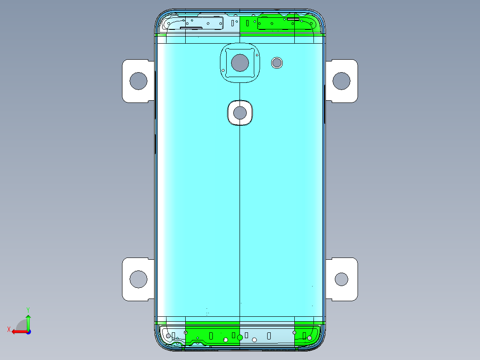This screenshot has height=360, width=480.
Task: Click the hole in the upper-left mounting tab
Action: [138, 81]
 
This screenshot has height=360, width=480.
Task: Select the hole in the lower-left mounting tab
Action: [138, 279]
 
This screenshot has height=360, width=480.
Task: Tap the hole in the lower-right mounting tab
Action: [342, 279]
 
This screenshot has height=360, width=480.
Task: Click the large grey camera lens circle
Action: [240, 63]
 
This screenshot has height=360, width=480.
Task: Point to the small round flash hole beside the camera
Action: [277, 62]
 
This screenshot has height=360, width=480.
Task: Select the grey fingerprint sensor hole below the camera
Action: [240, 113]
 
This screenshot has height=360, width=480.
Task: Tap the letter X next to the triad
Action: [8, 329]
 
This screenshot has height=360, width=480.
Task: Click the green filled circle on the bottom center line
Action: [240, 337]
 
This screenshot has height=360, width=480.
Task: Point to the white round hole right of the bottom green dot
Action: [254, 340]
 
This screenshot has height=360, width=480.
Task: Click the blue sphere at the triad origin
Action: [28, 331]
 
